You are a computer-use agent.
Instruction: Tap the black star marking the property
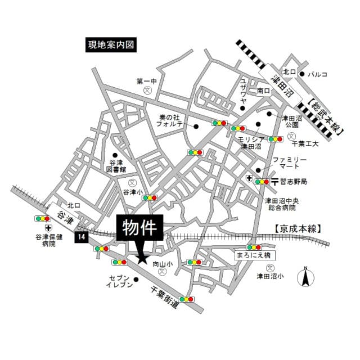[x=142, y=259]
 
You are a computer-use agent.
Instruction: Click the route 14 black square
[x=82, y=237]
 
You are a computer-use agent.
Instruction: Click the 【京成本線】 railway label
[x=298, y=228]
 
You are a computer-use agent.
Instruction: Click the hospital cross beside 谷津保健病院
[x=48, y=228]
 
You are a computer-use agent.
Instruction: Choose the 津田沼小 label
[x=271, y=276]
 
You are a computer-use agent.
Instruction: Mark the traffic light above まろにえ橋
[x=254, y=247]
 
